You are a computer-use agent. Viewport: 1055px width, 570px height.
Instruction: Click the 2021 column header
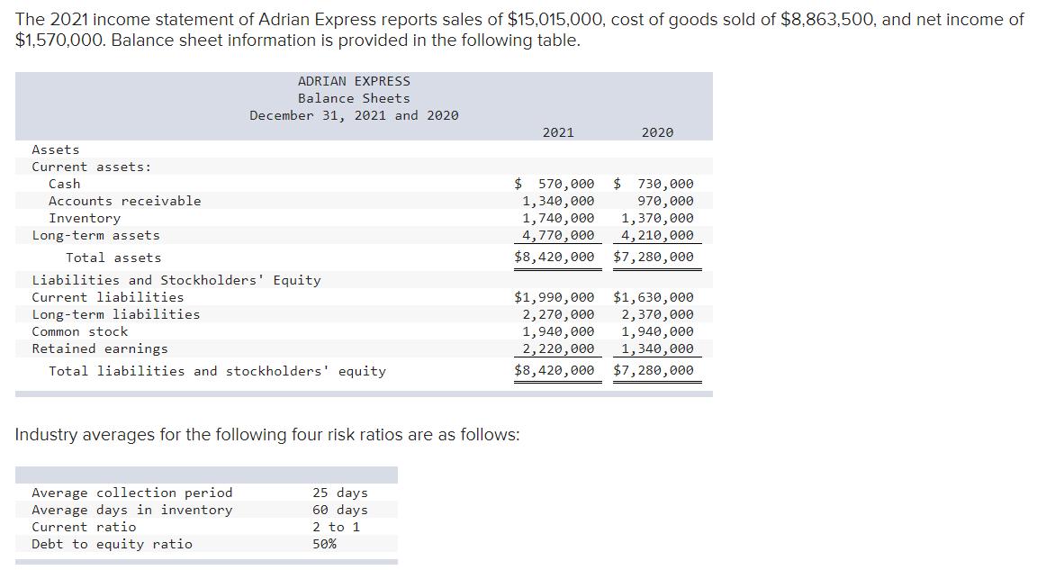click(x=558, y=132)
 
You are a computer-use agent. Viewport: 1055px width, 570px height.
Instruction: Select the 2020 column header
click(x=657, y=132)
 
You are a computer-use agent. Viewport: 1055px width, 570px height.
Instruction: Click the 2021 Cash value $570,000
click(x=555, y=184)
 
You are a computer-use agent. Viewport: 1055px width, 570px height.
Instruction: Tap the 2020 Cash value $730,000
click(x=654, y=184)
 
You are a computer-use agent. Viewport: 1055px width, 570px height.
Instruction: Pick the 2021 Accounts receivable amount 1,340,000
click(x=558, y=201)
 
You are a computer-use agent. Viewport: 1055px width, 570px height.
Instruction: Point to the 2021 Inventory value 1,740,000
click(x=558, y=218)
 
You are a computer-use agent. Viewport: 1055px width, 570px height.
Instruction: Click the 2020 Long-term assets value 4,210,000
click(x=657, y=235)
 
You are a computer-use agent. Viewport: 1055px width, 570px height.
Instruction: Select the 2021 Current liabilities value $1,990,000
click(x=555, y=297)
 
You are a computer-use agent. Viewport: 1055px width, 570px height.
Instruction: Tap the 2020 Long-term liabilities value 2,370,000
click(x=657, y=314)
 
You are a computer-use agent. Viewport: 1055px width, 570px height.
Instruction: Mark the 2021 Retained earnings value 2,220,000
click(x=558, y=348)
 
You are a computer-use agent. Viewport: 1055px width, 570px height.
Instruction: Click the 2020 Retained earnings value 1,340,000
click(x=657, y=348)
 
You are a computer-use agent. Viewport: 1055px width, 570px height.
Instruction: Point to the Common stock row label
click(x=80, y=331)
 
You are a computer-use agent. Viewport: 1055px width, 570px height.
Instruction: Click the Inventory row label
click(x=85, y=218)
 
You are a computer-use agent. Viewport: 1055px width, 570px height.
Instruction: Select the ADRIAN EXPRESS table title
click(x=354, y=81)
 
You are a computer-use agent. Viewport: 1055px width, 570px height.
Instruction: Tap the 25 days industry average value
click(x=340, y=493)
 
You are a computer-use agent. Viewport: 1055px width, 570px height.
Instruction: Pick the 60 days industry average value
click(x=340, y=510)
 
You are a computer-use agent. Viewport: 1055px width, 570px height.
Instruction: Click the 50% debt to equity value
click(x=325, y=544)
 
